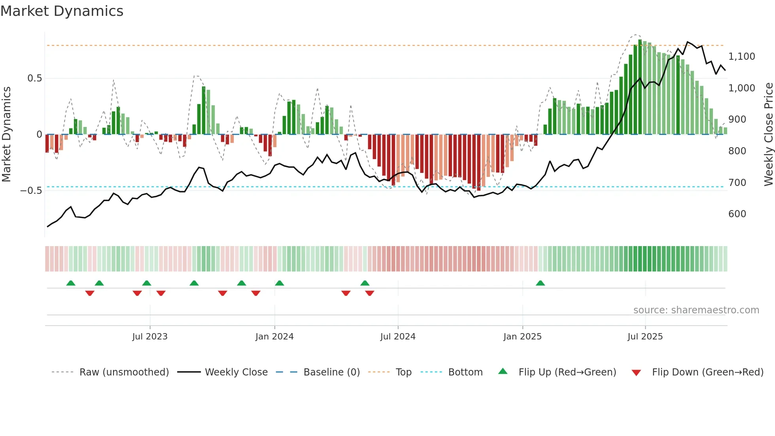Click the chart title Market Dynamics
pyautogui.click(x=62, y=11)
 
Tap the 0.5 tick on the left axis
pyautogui.click(x=34, y=78)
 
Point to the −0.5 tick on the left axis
pyautogui.click(x=31, y=191)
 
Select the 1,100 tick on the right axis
pyautogui.click(x=741, y=57)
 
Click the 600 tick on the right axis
pyautogui.click(x=737, y=214)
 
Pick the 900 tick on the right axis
pyautogui.click(x=737, y=119)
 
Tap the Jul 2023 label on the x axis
pyautogui.click(x=150, y=337)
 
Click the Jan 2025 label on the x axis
pyautogui.click(x=522, y=337)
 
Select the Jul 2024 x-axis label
pyautogui.click(x=398, y=337)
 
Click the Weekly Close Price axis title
pyautogui.click(x=768, y=135)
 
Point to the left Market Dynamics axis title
pyautogui.click(x=6, y=135)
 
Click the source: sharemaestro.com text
pyautogui.click(x=696, y=310)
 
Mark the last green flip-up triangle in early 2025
pyautogui.click(x=540, y=283)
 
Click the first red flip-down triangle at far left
pyautogui.click(x=90, y=293)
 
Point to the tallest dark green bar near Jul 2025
pyautogui.click(x=640, y=87)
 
